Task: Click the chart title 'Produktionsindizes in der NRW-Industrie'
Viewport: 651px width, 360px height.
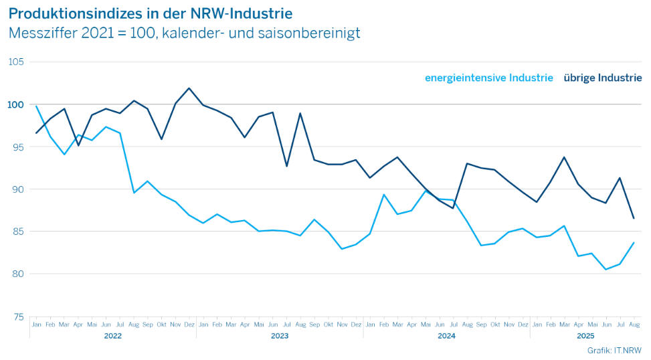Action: pyautogui.click(x=151, y=13)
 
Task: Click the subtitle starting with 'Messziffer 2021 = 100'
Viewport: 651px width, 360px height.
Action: pyautogui.click(x=184, y=32)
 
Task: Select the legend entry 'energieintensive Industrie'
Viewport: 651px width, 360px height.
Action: pyautogui.click(x=488, y=78)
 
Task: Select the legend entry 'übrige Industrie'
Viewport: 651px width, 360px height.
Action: pyautogui.click(x=602, y=78)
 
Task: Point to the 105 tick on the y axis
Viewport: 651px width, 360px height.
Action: pyautogui.click(x=15, y=62)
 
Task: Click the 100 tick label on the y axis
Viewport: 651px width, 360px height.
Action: pyautogui.click(x=15, y=105)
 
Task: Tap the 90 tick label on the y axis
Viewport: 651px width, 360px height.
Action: pyautogui.click(x=17, y=189)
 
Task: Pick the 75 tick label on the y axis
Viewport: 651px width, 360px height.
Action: pyautogui.click(x=17, y=317)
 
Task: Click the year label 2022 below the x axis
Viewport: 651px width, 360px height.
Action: pyautogui.click(x=113, y=336)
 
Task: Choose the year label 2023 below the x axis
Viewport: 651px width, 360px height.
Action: pyautogui.click(x=280, y=336)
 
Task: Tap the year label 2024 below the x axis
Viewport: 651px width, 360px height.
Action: pyautogui.click(x=446, y=336)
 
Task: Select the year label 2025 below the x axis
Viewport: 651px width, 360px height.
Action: pyautogui.click(x=585, y=336)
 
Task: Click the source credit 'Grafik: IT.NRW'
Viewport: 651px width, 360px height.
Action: pyautogui.click(x=614, y=350)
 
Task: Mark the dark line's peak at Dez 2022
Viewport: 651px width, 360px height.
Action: pyautogui.click(x=189, y=88)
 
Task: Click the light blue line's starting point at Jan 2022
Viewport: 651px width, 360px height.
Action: pyautogui.click(x=36, y=106)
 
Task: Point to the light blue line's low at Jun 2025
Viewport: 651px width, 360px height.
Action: pyautogui.click(x=606, y=270)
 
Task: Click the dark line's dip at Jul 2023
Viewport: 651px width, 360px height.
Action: pyautogui.click(x=286, y=166)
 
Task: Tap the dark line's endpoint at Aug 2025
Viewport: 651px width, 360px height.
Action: pyautogui.click(x=634, y=218)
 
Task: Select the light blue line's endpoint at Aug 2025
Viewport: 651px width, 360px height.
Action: pyautogui.click(x=634, y=243)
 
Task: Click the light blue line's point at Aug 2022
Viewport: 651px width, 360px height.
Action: pyautogui.click(x=134, y=193)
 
